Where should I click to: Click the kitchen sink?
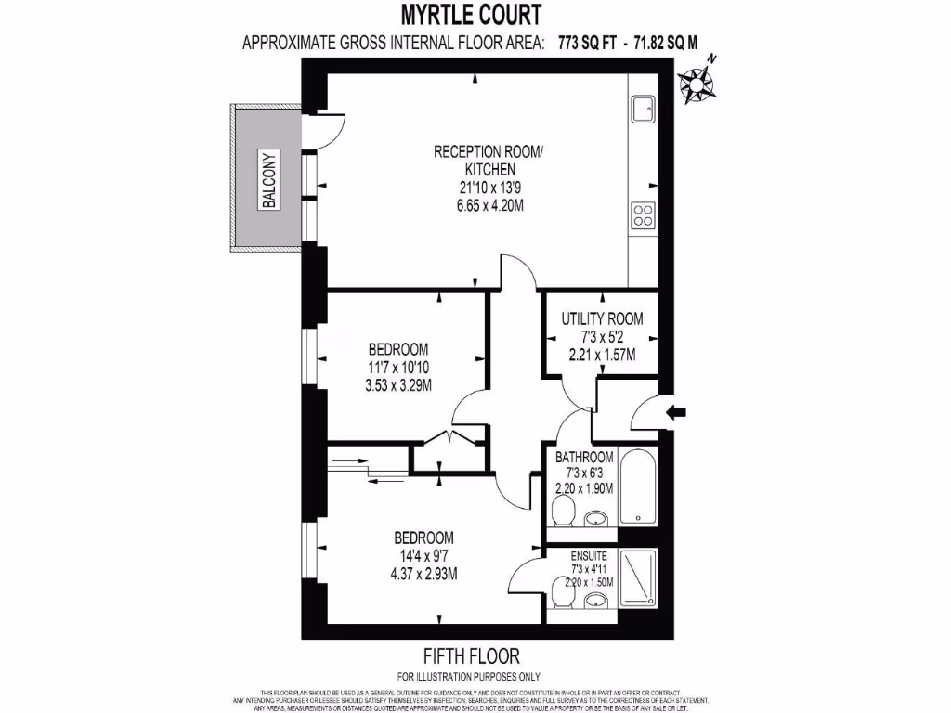pos(643,110)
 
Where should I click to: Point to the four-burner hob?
pos(643,216)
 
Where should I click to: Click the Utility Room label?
pos(602,318)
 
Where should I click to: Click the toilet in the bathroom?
pos(563,511)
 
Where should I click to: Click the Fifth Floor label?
pos(471,656)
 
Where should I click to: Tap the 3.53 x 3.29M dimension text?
pos(398,383)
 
